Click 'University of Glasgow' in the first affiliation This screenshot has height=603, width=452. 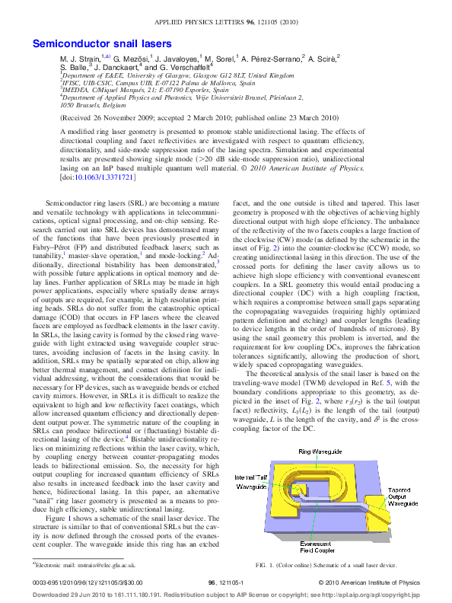click(151, 76)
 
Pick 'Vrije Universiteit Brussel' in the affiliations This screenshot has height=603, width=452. click(221, 97)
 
